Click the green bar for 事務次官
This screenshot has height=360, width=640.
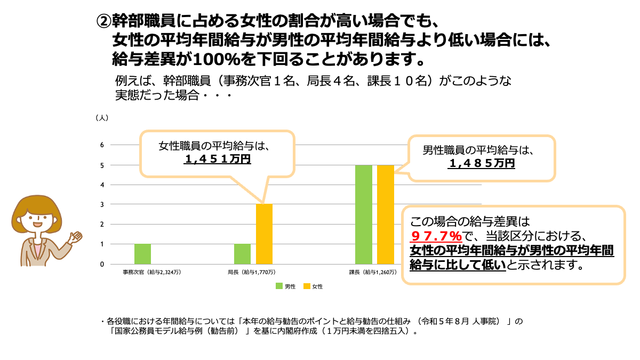click(x=142, y=254)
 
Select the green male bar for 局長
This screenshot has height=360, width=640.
click(x=242, y=254)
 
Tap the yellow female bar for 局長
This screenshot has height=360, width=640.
click(x=264, y=234)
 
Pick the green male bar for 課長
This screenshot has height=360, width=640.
click(x=363, y=214)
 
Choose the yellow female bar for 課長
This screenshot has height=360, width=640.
click(x=385, y=214)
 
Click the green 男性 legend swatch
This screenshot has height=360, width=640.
click(x=279, y=286)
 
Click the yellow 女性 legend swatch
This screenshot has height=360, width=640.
click(x=306, y=286)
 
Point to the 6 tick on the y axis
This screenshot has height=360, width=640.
click(x=102, y=145)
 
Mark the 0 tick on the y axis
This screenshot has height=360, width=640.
click(x=102, y=264)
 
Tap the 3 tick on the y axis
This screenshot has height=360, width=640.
click(x=102, y=204)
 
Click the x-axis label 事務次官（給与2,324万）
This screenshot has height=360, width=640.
click(x=152, y=273)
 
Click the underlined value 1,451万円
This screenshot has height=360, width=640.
click(x=217, y=159)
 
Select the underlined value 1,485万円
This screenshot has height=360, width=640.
click(x=482, y=163)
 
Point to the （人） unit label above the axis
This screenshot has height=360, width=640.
click(x=102, y=118)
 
